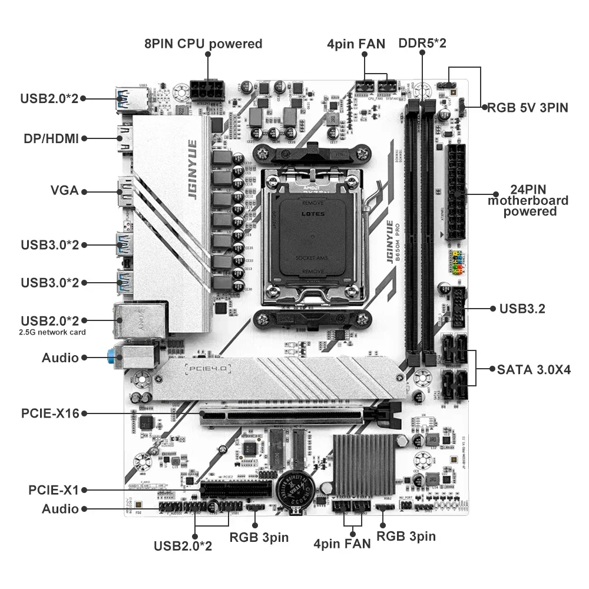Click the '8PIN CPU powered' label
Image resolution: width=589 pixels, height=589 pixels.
[203, 44]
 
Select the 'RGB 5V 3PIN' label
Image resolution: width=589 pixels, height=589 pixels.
[528, 108]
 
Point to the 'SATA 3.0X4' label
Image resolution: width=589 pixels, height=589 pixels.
[534, 370]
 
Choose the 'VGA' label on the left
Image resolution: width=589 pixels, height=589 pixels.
[65, 191]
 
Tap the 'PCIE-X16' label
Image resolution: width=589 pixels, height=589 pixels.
[50, 413]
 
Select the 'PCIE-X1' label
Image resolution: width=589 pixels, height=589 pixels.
[54, 489]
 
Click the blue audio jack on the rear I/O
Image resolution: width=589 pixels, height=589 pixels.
[111, 356]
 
